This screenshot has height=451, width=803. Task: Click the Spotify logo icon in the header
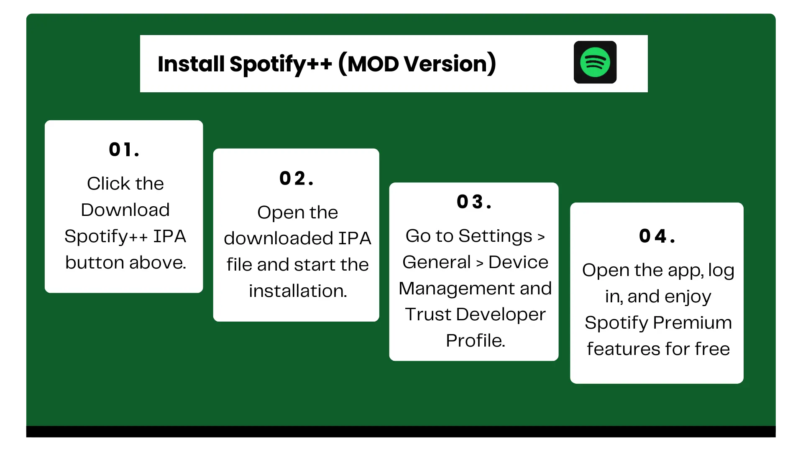(x=595, y=62)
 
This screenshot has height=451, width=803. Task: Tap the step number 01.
(x=124, y=149)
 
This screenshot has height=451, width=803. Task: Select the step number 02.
(x=296, y=178)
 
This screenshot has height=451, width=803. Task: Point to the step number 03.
(x=474, y=202)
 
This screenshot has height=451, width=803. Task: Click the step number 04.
(x=657, y=236)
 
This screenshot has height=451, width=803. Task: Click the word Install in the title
(x=191, y=64)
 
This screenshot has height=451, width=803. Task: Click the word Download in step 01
(x=125, y=210)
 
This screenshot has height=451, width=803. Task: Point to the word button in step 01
(x=95, y=263)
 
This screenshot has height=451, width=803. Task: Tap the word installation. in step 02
(x=298, y=291)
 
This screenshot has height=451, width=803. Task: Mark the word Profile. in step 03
(x=475, y=341)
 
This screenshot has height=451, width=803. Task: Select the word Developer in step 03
(x=501, y=314)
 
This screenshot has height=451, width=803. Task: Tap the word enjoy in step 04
(x=688, y=297)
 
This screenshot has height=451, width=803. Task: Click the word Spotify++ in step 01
(x=106, y=236)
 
